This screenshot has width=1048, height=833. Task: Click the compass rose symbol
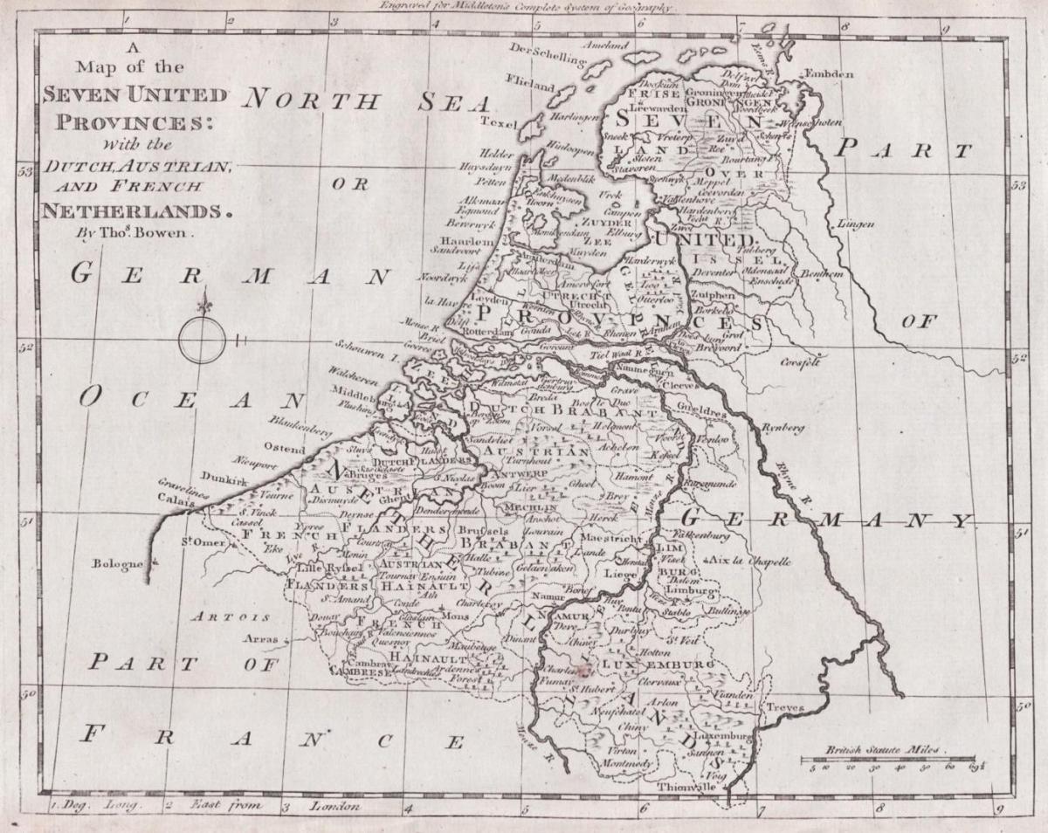(x=203, y=339)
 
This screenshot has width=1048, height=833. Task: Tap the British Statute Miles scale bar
(x=889, y=759)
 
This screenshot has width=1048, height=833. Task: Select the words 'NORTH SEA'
(x=367, y=100)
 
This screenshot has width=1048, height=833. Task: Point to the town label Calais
(x=175, y=502)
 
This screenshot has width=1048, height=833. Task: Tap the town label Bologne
(x=116, y=564)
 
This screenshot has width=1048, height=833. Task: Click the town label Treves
(x=785, y=706)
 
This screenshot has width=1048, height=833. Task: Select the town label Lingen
(x=856, y=224)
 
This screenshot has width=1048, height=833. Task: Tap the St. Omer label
(x=203, y=543)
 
